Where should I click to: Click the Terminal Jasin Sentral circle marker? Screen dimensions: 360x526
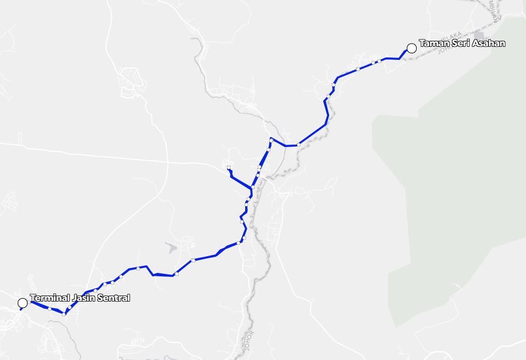tap(23, 303)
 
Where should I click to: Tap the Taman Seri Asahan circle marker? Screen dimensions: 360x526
tap(411, 48)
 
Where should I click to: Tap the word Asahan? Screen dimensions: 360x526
tap(488, 44)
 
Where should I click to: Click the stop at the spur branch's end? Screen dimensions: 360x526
tap(229, 167)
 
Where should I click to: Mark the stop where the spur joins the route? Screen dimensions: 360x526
tap(253, 187)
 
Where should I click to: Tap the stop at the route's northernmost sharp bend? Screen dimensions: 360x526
tap(271, 139)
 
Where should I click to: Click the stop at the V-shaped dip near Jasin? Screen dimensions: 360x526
tap(64, 314)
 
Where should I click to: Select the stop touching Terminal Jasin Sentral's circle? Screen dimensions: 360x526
tap(30, 302)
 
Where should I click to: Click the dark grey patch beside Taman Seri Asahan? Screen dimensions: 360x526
tap(478, 36)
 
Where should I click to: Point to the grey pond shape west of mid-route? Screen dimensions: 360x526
tap(171, 247)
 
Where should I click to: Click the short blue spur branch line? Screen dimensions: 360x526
tap(239, 180)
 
